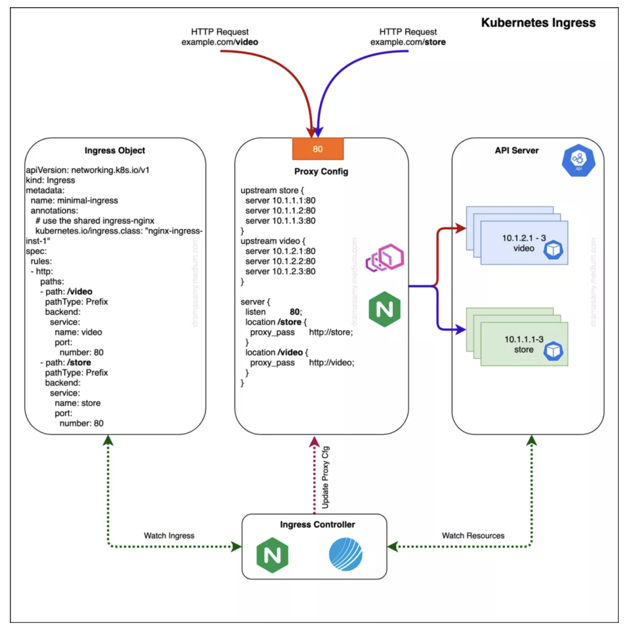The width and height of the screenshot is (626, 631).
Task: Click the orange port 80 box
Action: tap(317, 149)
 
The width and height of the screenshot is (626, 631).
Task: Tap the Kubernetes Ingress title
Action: tap(538, 23)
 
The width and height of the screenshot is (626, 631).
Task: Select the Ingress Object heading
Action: tap(115, 151)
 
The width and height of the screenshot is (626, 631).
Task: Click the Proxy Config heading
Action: tap(321, 171)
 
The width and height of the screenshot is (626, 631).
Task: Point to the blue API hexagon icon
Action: tap(578, 160)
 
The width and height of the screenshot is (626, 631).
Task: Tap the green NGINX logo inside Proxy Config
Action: tap(385, 309)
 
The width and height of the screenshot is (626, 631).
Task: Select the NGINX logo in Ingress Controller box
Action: tap(272, 556)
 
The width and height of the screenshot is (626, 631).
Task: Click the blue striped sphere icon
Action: tap(345, 554)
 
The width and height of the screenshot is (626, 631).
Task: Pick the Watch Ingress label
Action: tap(169, 536)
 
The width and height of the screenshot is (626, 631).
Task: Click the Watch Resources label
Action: tap(473, 536)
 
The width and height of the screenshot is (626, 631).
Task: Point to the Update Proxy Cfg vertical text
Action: tap(326, 478)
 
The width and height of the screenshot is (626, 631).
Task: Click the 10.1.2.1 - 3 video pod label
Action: tap(524, 243)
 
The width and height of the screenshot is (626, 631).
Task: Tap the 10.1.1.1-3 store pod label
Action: tap(524, 344)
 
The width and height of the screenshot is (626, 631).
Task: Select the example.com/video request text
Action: tap(219, 42)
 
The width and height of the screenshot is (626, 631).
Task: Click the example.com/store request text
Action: tap(408, 42)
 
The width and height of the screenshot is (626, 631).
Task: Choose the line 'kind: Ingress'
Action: tap(50, 180)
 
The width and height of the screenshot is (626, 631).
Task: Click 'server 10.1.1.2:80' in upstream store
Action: tap(280, 211)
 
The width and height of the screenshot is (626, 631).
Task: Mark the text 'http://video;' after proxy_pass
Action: tap(331, 363)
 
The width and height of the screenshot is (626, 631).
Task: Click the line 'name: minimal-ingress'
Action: tap(74, 201)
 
